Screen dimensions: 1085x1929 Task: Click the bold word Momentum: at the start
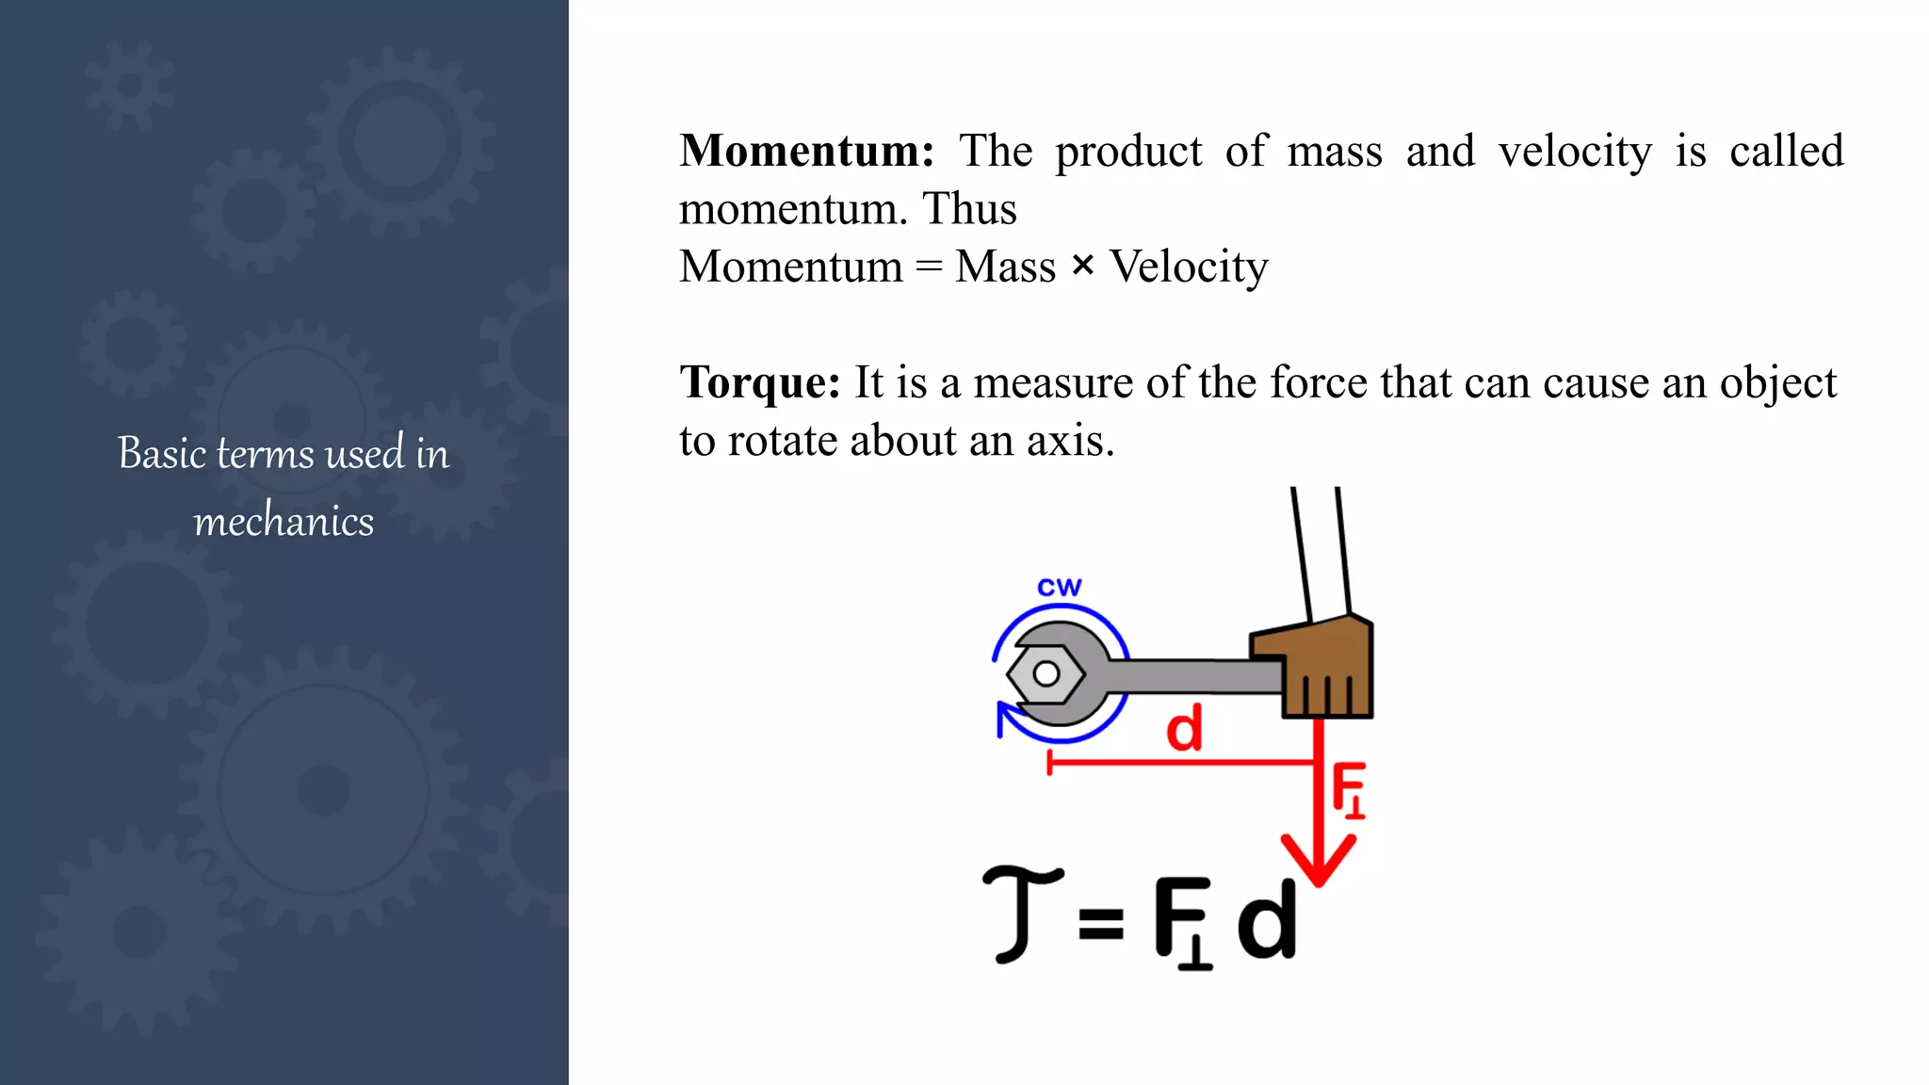pos(806,152)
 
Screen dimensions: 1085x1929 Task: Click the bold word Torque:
pos(759,383)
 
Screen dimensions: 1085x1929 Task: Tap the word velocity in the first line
pos(1575,152)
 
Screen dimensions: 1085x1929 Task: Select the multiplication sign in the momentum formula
pos(1083,267)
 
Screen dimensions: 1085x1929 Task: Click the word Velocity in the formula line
pos(1189,267)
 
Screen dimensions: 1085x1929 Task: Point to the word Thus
pos(969,209)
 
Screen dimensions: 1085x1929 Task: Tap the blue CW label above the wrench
pos(1060,588)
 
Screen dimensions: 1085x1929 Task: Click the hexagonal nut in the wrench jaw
pos(1046,674)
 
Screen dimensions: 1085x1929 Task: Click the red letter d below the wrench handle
pos(1184,729)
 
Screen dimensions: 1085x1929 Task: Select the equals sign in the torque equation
pos(1101,922)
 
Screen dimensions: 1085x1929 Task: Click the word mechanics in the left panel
pos(284,522)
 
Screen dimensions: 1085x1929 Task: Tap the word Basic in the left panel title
pos(162,454)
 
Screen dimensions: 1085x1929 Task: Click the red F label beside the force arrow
pos(1348,789)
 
